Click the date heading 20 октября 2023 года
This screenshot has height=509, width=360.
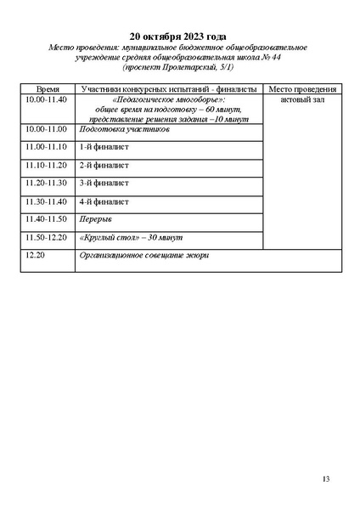pos(178,37)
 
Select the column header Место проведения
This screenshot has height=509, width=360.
pos(302,89)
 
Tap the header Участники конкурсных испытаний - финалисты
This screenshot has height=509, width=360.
pos(170,89)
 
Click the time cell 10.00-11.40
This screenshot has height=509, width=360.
pos(47,99)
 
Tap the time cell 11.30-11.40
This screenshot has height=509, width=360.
pos(47,201)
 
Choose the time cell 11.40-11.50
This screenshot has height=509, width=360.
pos(47,219)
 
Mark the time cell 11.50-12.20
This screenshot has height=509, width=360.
pos(47,237)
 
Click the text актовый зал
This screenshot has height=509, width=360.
pos(302,99)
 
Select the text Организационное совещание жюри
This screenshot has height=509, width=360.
pos(143,255)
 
